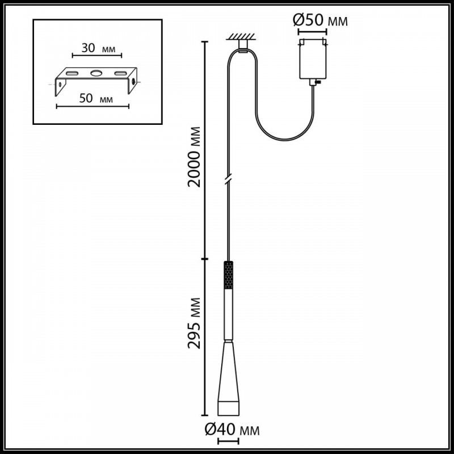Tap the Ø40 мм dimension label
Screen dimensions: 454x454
coord(232,430)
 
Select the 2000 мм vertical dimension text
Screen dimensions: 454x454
coord(194,157)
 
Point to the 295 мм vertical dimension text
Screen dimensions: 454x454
coord(194,323)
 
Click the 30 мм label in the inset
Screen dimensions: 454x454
coord(98,48)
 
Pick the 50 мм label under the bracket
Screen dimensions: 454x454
coord(96,98)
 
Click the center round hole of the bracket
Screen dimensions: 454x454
coord(96,73)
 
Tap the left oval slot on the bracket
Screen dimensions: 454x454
coord(72,73)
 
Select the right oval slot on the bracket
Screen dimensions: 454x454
coord(120,73)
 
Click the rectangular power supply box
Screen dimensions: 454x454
coord(313,59)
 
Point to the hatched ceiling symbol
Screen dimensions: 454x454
coord(241,36)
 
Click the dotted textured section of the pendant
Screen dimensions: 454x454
coord(229,275)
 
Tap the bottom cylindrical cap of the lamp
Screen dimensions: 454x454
coord(229,408)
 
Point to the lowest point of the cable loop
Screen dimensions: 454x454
coord(285,140)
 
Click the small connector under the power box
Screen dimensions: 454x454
coord(314,82)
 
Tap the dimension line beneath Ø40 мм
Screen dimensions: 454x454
coord(228,442)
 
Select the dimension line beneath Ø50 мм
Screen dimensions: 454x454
coord(313,32)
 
